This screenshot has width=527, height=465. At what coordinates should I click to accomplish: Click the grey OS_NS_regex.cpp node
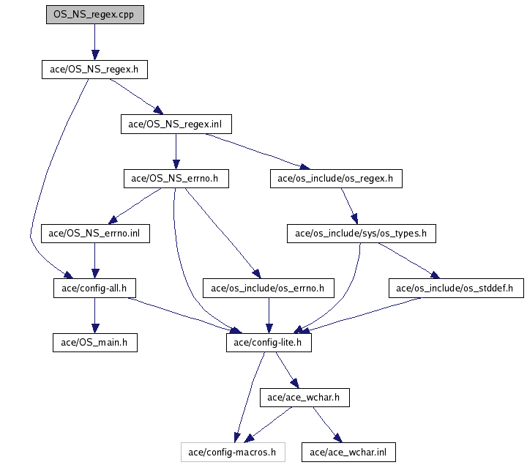coord(94,15)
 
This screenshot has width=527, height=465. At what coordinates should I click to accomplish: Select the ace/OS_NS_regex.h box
coord(94,70)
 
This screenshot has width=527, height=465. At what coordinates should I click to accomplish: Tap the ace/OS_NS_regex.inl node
coord(176,124)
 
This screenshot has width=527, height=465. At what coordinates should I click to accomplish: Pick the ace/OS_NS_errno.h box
coord(176,178)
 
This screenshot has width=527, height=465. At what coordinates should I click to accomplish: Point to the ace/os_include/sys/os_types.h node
coord(361,234)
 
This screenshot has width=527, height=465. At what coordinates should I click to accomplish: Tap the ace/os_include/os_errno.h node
coord(268,288)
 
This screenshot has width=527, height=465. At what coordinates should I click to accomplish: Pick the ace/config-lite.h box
coord(268,342)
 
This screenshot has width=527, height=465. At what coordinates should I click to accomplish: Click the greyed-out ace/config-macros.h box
coord(233,452)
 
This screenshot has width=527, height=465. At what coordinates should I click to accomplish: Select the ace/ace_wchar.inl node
coord(348,452)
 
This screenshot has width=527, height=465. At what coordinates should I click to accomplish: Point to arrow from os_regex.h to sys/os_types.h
coord(348,206)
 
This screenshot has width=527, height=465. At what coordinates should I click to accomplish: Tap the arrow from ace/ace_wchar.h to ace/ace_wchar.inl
coord(325,425)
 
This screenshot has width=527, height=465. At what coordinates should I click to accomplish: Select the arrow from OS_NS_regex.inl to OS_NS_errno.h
coord(176,151)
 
